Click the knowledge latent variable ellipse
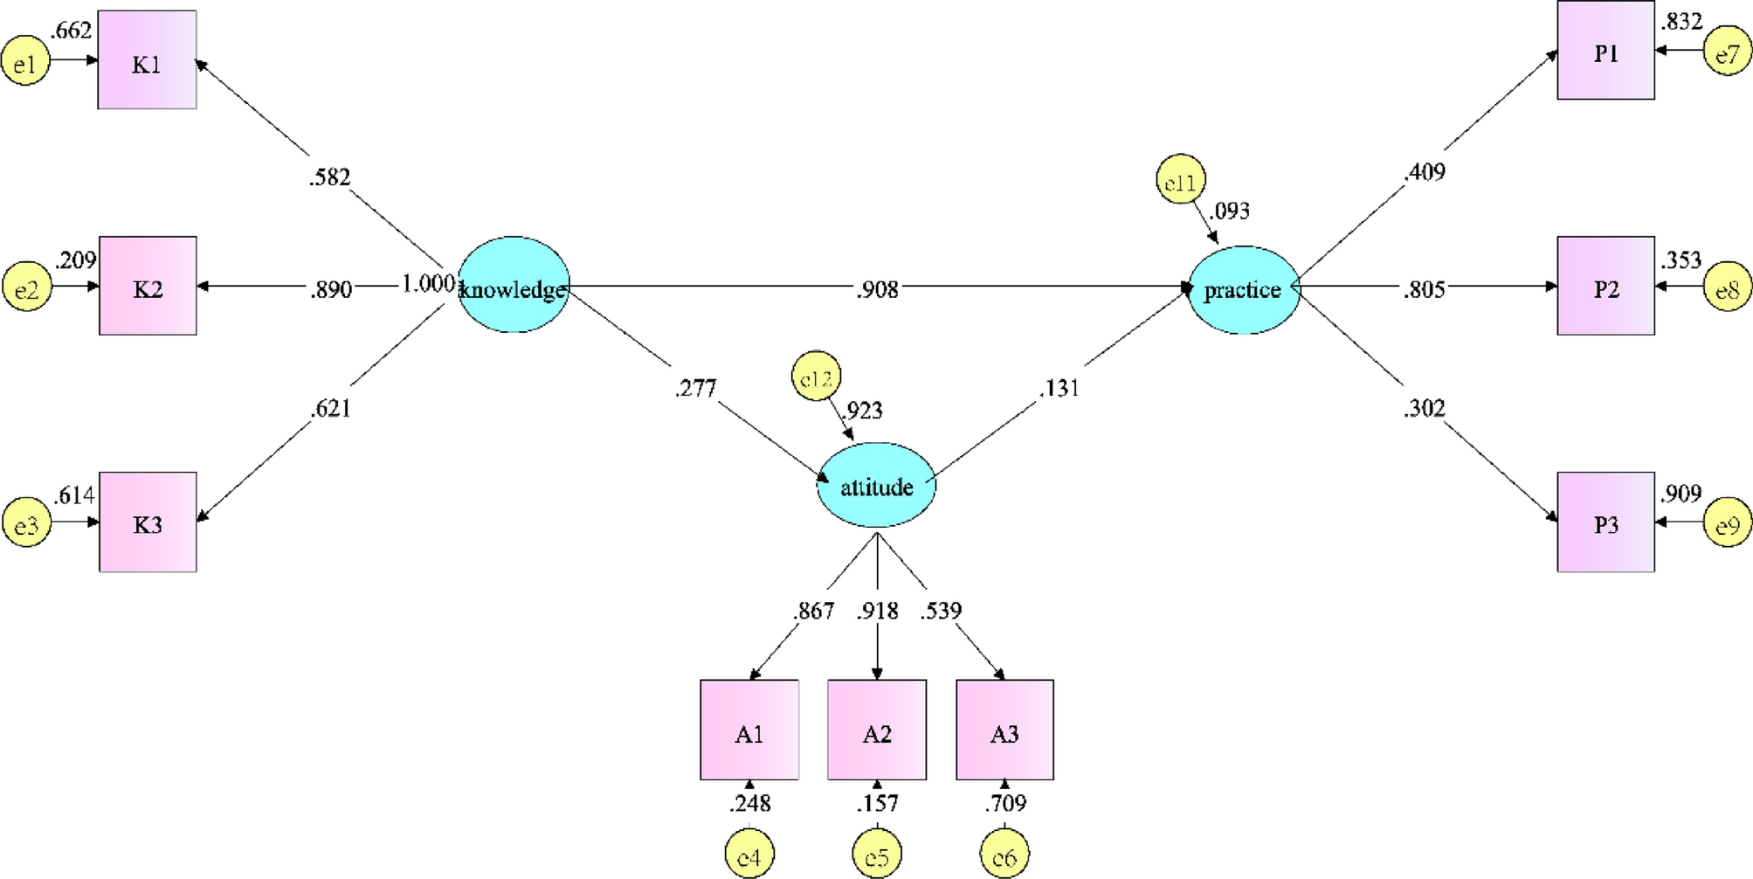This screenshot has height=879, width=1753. (x=514, y=286)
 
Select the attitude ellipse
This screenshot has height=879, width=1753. (x=876, y=486)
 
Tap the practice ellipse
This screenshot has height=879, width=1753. (x=1244, y=289)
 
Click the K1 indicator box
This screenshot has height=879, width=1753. (x=147, y=61)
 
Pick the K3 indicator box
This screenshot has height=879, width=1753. (x=148, y=523)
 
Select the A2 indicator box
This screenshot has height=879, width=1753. (x=877, y=730)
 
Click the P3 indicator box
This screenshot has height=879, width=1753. (x=1605, y=523)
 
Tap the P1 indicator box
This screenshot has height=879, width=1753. (x=1605, y=51)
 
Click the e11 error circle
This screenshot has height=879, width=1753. (x=1180, y=180)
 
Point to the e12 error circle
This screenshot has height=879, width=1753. (x=816, y=377)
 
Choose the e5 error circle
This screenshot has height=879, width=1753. (x=877, y=855)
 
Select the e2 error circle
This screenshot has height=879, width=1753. (x=27, y=287)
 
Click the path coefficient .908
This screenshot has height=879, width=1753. (x=877, y=289)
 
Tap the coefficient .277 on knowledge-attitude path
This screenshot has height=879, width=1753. (x=695, y=388)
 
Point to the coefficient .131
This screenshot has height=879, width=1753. (x=1059, y=388)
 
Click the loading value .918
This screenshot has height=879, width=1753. (x=877, y=611)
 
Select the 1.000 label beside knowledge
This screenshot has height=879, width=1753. (x=427, y=284)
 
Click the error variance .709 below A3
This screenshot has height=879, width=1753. (x=1005, y=803)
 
